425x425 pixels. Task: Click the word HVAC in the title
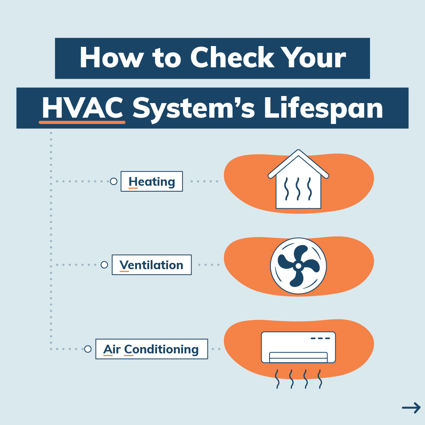(x=82, y=108)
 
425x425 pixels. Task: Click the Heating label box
(x=152, y=181)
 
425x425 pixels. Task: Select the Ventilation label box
(x=152, y=265)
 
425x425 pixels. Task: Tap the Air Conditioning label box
(x=152, y=349)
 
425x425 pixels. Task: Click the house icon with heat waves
(x=298, y=179)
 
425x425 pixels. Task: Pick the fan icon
(x=298, y=266)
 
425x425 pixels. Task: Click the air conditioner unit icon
(x=298, y=347)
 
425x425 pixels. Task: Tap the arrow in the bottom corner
(x=411, y=407)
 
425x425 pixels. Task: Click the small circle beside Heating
(x=114, y=181)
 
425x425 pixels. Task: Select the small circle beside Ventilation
(x=104, y=265)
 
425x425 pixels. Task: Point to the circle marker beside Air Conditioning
(x=87, y=349)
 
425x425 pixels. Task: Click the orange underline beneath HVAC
(x=82, y=122)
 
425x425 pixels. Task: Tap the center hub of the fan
(x=298, y=266)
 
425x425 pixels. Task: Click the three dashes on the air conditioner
(x=320, y=338)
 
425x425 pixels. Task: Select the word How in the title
(x=111, y=57)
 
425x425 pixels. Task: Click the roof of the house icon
(x=298, y=164)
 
